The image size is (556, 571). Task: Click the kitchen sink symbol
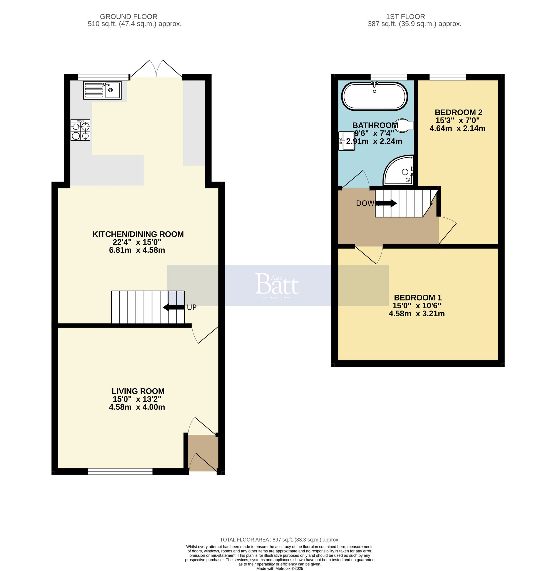click(x=102, y=90)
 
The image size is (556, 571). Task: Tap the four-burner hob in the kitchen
click(x=80, y=130)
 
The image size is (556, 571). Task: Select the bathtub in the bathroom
click(x=375, y=97)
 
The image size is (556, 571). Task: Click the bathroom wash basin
click(x=346, y=141)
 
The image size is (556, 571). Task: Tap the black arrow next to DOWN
click(x=387, y=203)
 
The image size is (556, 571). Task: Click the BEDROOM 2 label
click(x=458, y=112)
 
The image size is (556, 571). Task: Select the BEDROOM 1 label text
click(x=418, y=298)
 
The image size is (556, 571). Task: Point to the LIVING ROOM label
click(x=138, y=391)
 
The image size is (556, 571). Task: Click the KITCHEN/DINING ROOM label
click(x=138, y=234)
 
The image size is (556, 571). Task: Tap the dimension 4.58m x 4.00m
click(x=137, y=407)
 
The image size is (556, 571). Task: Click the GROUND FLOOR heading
click(x=128, y=17)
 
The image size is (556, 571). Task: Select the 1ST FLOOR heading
click(x=405, y=17)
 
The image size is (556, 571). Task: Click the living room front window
click(x=120, y=471)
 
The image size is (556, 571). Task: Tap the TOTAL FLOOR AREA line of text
click(x=279, y=540)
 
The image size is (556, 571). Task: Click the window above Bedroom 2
click(x=448, y=77)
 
